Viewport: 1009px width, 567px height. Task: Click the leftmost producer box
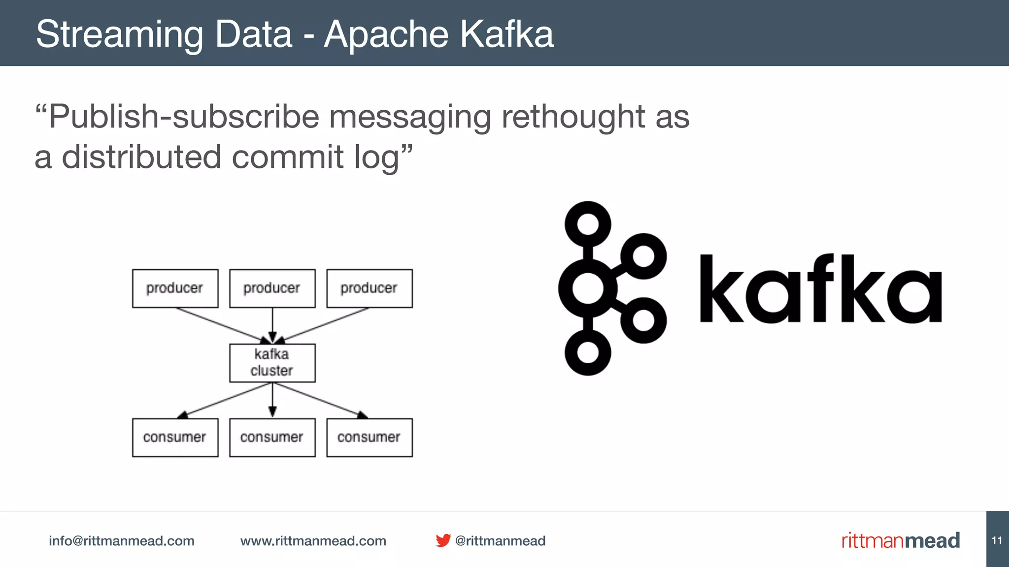(175, 288)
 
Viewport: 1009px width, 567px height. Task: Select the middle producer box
(272, 288)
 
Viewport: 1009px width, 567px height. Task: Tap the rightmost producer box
(369, 288)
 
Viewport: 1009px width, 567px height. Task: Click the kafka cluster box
(272, 363)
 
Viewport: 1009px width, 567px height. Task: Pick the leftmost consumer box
(175, 438)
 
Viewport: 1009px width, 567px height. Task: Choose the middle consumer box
(272, 438)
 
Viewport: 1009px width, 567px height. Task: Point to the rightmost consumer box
(369, 438)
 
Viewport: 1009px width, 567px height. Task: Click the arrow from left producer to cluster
(222, 325)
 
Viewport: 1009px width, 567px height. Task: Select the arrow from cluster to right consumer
(320, 400)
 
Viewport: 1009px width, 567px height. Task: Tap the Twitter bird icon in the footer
(443, 540)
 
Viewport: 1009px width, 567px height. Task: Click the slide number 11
(997, 540)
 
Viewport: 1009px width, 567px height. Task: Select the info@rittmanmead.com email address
(121, 541)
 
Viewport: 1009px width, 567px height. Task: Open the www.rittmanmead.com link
(313, 541)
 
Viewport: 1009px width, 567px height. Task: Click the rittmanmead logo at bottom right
(900, 540)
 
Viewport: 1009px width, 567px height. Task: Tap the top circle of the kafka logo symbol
(587, 224)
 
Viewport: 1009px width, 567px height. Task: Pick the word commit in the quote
(288, 157)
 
